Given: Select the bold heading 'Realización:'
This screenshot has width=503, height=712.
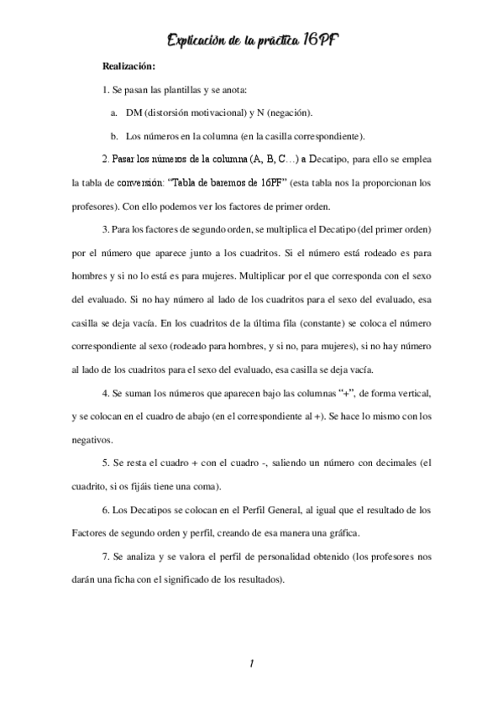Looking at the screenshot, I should [x=128, y=65].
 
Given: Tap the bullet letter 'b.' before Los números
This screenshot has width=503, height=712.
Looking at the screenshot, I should [x=114, y=135].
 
